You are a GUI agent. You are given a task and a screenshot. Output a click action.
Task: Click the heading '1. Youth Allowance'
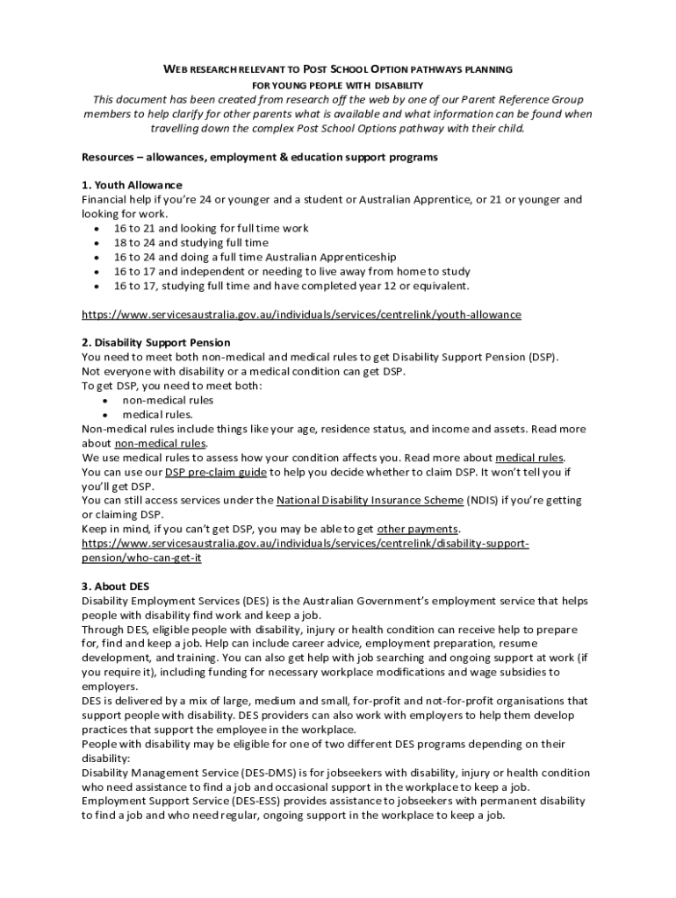(x=132, y=185)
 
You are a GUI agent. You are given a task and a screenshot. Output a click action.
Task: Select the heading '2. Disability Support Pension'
(x=155, y=343)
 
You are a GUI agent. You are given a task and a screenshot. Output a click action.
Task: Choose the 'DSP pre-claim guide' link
(x=215, y=472)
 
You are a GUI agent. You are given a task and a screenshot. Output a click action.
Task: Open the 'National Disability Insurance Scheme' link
(x=370, y=501)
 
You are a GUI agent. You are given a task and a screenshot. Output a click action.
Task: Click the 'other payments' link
(x=418, y=529)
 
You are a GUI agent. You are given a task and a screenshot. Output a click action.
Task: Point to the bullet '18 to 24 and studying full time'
(x=191, y=243)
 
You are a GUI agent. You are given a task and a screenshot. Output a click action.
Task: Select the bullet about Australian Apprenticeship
(x=255, y=257)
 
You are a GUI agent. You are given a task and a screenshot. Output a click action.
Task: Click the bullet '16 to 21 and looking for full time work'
(x=211, y=228)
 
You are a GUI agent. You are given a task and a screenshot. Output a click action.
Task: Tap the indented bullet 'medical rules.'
(x=157, y=415)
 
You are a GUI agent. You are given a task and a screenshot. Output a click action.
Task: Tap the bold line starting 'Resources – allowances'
(x=260, y=157)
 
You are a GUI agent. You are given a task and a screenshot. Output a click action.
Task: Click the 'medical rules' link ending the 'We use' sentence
(x=529, y=458)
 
